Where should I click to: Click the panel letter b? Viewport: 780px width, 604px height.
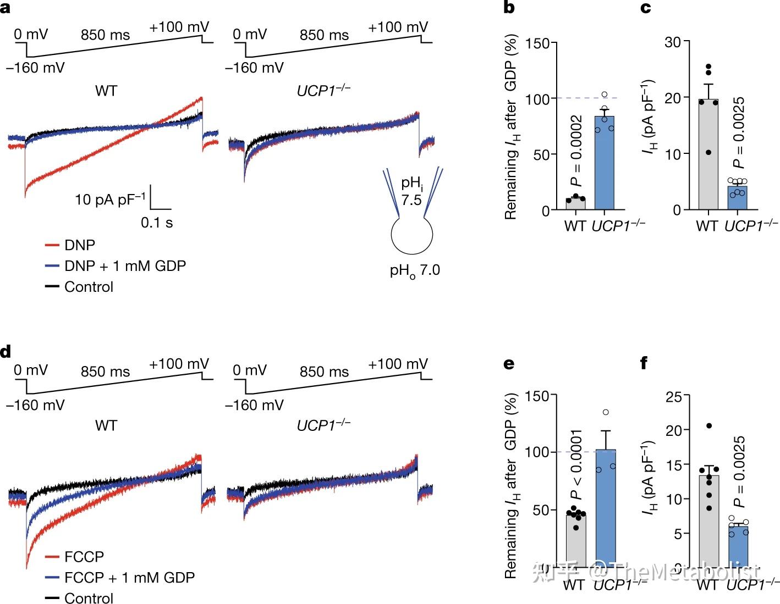(x=509, y=8)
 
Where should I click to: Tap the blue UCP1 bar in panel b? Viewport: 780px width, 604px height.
(x=605, y=165)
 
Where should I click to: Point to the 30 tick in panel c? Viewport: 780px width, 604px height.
(x=672, y=42)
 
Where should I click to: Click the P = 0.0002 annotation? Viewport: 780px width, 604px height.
(x=576, y=151)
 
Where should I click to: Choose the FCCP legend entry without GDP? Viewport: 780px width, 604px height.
(x=84, y=557)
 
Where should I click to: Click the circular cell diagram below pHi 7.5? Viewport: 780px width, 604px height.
(x=412, y=235)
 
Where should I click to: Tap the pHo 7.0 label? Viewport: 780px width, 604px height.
(x=415, y=270)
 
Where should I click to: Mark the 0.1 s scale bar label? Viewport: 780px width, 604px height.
(x=157, y=223)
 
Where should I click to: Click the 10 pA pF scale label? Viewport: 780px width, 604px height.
(x=111, y=199)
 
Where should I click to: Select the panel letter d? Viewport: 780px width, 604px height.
(x=6, y=352)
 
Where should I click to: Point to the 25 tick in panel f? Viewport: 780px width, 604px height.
(x=674, y=396)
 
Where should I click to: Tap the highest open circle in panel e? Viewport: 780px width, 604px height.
(x=606, y=412)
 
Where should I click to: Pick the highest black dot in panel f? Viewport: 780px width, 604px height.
(x=708, y=425)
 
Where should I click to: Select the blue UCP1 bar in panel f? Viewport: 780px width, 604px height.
(x=739, y=547)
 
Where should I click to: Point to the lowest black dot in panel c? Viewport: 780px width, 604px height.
(x=708, y=152)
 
